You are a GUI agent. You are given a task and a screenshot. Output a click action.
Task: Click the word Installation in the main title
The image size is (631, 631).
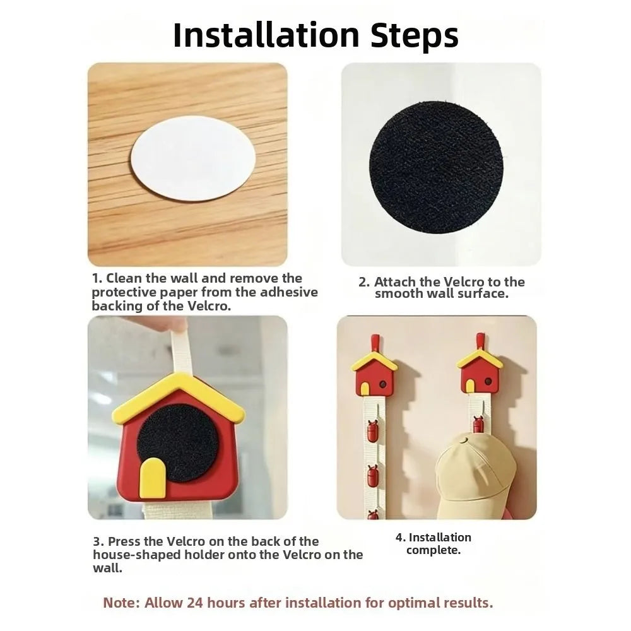266,35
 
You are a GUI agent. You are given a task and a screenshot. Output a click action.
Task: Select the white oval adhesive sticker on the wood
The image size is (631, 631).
193,158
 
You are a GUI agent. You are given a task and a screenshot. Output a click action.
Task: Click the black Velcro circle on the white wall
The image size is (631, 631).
436,167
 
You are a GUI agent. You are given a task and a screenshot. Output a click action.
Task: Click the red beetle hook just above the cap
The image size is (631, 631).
478,424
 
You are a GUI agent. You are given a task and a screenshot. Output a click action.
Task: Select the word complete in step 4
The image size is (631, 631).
433,550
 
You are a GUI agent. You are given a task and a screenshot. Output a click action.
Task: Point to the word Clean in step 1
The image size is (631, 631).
124,278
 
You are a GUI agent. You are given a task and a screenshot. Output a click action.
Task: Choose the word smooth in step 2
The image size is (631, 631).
399,293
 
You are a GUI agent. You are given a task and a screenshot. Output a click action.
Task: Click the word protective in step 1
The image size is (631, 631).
124,293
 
